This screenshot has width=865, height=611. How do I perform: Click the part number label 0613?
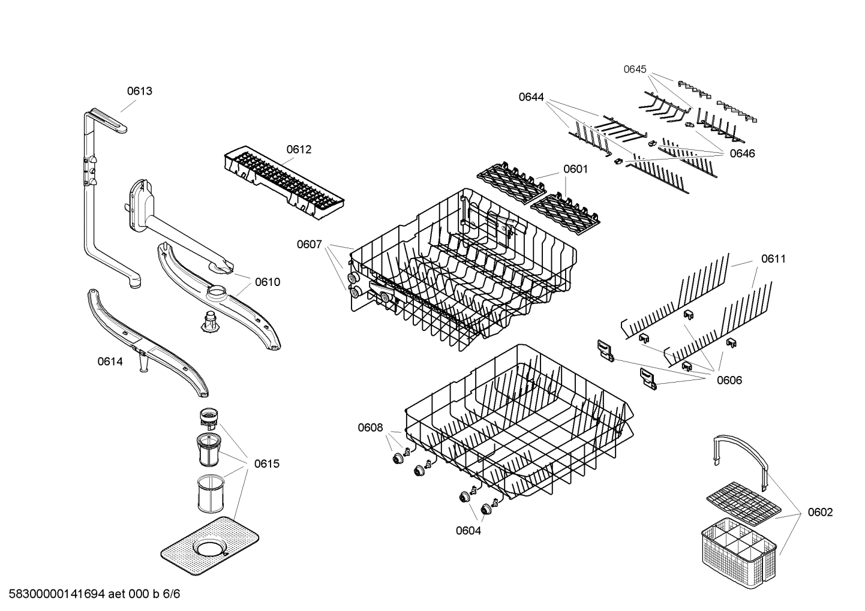(x=139, y=91)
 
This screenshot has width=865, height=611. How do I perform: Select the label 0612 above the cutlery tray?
(x=299, y=149)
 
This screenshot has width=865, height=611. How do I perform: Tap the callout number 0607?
(x=309, y=245)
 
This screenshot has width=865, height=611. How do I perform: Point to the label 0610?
(x=268, y=282)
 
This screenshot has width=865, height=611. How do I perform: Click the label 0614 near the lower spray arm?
(x=110, y=361)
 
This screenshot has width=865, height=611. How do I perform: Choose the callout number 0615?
(x=266, y=463)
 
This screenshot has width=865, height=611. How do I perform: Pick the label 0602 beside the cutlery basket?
(x=820, y=512)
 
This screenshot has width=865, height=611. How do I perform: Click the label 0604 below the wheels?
(x=468, y=530)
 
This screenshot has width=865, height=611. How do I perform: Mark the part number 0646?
(x=742, y=153)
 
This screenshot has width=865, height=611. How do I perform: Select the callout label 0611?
(x=773, y=259)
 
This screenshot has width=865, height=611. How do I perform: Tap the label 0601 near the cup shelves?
(x=575, y=169)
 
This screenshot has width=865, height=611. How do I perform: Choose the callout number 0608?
(x=370, y=428)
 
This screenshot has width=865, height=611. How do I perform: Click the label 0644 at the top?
(x=531, y=97)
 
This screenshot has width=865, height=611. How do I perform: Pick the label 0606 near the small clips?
(x=729, y=380)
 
